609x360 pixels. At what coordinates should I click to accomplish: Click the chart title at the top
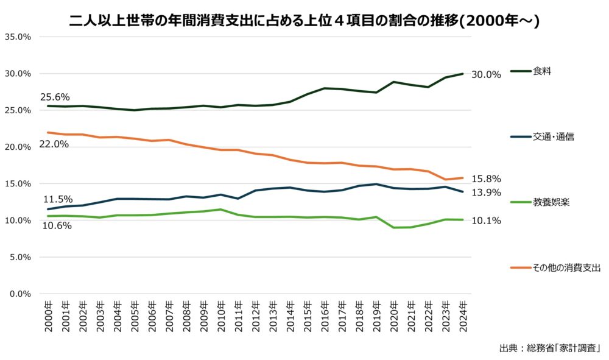pos(304,21)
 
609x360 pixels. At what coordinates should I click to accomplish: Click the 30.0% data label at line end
pos(486,75)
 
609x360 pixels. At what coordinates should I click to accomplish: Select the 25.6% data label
pos(55,97)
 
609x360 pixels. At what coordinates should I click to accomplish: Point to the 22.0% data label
pos(54,144)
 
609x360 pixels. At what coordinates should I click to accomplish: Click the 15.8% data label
pos(486,179)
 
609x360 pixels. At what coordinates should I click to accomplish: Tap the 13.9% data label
pos(486,192)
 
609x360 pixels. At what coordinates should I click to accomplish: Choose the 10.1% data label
pos(486,221)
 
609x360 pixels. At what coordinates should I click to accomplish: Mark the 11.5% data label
pos(58,199)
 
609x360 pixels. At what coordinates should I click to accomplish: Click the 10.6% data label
pos(57,225)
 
